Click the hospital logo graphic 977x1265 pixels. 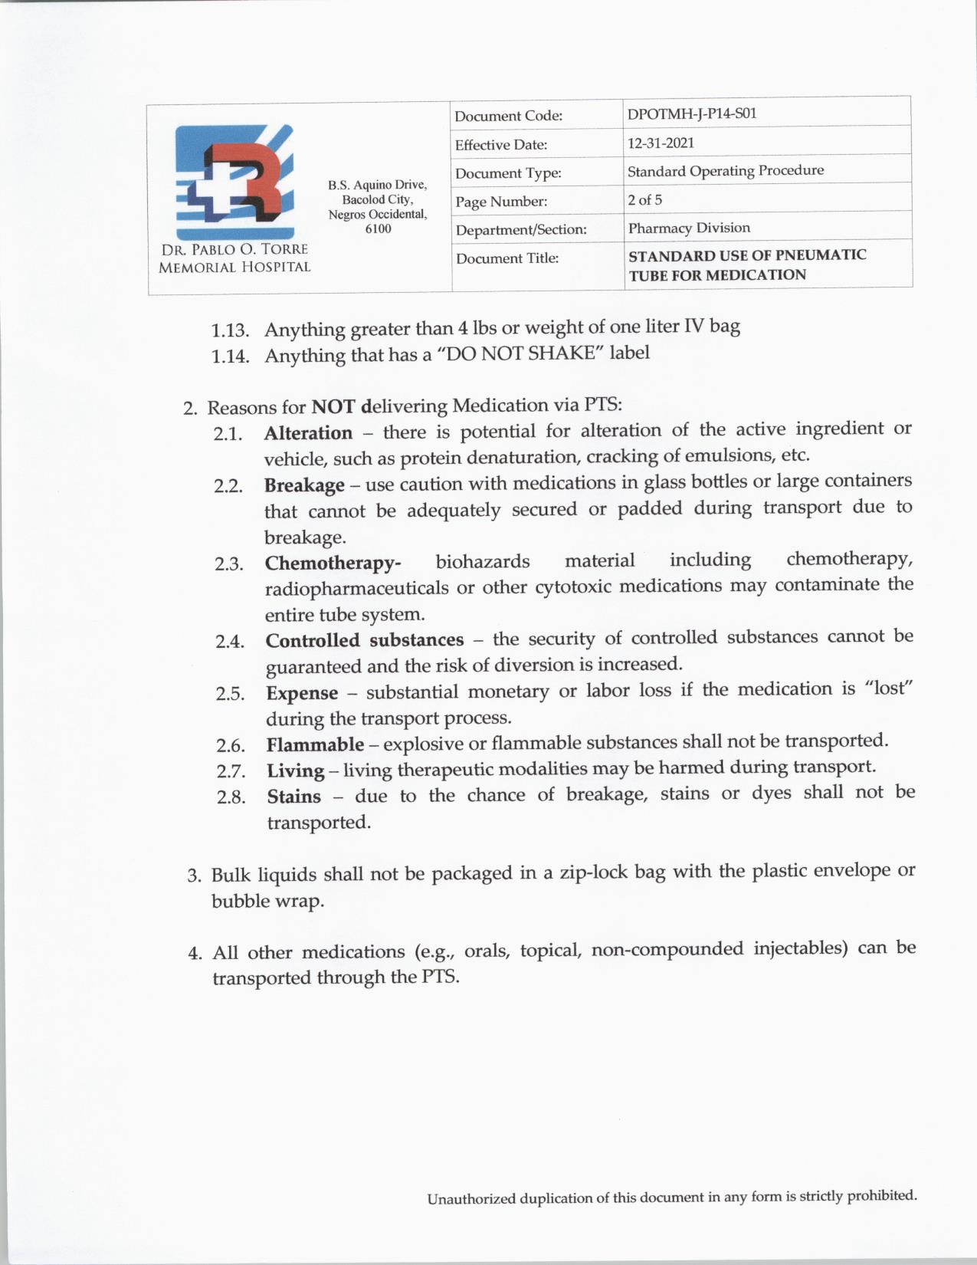234,182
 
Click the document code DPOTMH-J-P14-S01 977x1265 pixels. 692,113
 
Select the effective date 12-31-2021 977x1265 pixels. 661,143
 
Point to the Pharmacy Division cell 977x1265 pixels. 689,228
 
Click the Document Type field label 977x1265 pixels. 508,173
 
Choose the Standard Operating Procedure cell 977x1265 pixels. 726,171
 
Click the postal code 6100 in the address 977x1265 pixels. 378,228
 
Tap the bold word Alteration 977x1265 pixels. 308,433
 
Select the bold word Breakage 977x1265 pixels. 304,486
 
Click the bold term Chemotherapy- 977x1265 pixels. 333,563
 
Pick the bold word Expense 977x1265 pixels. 302,693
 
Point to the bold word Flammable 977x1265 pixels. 315,744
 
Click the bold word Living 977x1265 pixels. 295,770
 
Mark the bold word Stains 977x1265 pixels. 293,797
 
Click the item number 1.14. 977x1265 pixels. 231,356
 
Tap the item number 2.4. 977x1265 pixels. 230,642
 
